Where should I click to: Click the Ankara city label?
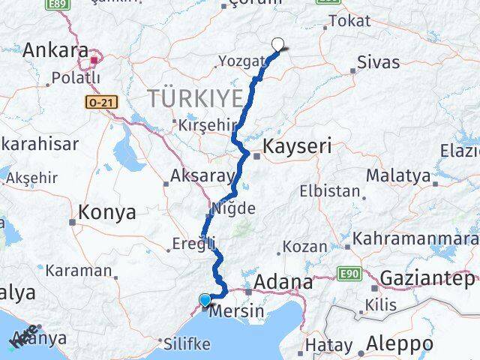pyautogui.click(x=56, y=50)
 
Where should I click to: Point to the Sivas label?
pyautogui.click(x=379, y=61)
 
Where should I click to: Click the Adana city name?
pyautogui.click(x=283, y=282)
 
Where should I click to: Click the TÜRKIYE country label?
pyautogui.click(x=196, y=97)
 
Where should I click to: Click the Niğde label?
pyautogui.click(x=235, y=208)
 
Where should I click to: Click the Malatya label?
pyautogui.click(x=398, y=176)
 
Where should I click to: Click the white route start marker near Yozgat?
pyautogui.click(x=279, y=45)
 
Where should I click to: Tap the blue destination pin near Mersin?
pyautogui.click(x=205, y=301)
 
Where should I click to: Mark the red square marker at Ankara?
pyautogui.click(x=95, y=60)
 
